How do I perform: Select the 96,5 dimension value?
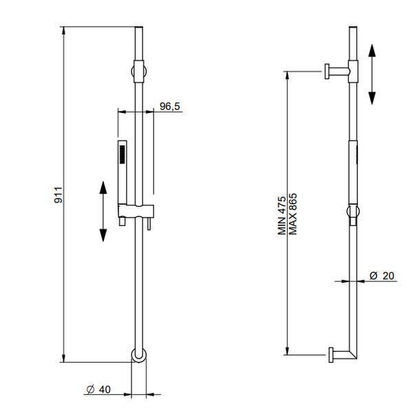[170, 106]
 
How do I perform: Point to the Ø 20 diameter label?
[382, 275]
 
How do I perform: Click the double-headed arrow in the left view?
[103, 211]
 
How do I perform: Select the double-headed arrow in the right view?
[372, 74]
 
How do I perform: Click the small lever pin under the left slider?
[147, 226]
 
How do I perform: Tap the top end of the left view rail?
[140, 30]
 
